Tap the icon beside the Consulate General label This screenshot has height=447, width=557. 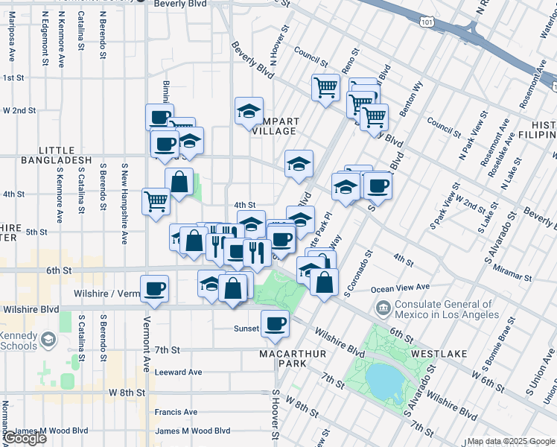coord(383,307)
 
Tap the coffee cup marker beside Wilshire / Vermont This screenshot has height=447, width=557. coord(154,288)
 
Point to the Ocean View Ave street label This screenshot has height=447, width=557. coord(401,287)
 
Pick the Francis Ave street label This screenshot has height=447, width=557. coord(176,411)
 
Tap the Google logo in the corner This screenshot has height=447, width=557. coord(25,438)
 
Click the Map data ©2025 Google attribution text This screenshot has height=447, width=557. coord(510,441)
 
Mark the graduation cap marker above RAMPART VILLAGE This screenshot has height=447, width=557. coord(249,111)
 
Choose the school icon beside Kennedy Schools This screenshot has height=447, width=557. coord(48,340)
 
